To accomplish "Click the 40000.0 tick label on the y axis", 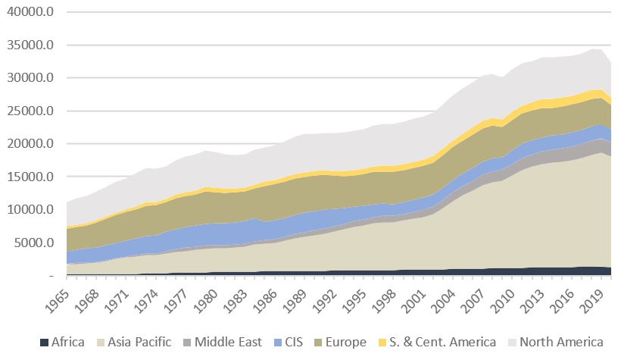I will pyautogui.click(x=32, y=13).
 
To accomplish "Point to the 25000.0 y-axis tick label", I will pyautogui.click(x=32, y=111).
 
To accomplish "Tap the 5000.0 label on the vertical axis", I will pyautogui.click(x=35, y=243).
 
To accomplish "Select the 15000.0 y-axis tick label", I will pyautogui.click(x=32, y=177).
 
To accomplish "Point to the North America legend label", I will pyautogui.click(x=562, y=342).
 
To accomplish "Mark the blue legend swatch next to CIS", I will pyautogui.click(x=277, y=342).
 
